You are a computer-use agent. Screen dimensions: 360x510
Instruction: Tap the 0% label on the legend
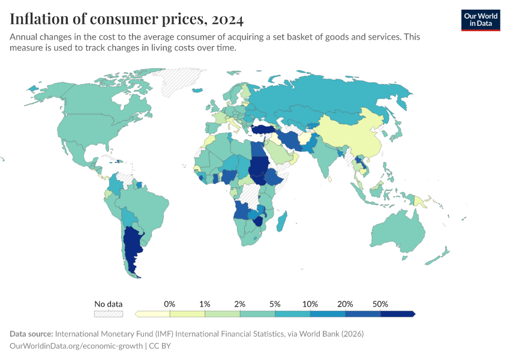click(170, 304)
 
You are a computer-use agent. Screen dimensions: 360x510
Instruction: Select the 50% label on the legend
click(380, 304)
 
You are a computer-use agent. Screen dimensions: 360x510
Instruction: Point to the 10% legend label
click(310, 304)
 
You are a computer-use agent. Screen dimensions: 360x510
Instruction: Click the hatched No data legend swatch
click(109, 314)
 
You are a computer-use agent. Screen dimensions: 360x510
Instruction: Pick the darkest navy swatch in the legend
click(398, 314)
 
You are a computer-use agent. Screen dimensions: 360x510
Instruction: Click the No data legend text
click(109, 304)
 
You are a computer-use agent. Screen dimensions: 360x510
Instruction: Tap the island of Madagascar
click(282, 221)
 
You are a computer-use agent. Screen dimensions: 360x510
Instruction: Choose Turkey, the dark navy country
click(264, 129)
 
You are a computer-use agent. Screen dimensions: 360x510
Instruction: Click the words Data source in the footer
click(31, 334)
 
